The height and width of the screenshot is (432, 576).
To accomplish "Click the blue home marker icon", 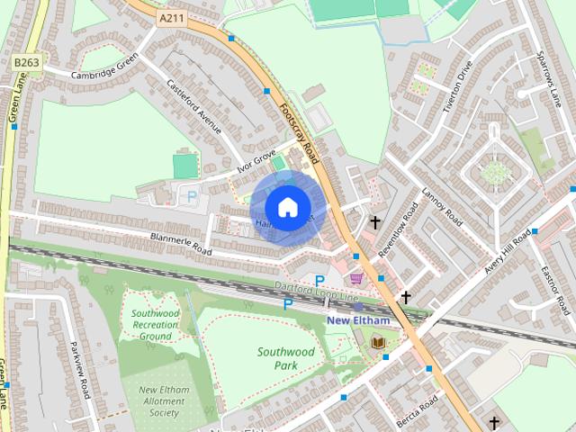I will click(x=286, y=207).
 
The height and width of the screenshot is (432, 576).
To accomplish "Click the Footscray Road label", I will click(x=299, y=131).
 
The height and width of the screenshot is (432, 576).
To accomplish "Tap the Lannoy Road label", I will click(x=442, y=208).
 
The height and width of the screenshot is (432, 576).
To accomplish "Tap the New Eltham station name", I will click(x=357, y=320).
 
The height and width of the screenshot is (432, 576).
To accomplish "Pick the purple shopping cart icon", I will click(x=356, y=279).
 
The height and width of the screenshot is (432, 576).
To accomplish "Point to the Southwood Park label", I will click(x=285, y=358).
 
